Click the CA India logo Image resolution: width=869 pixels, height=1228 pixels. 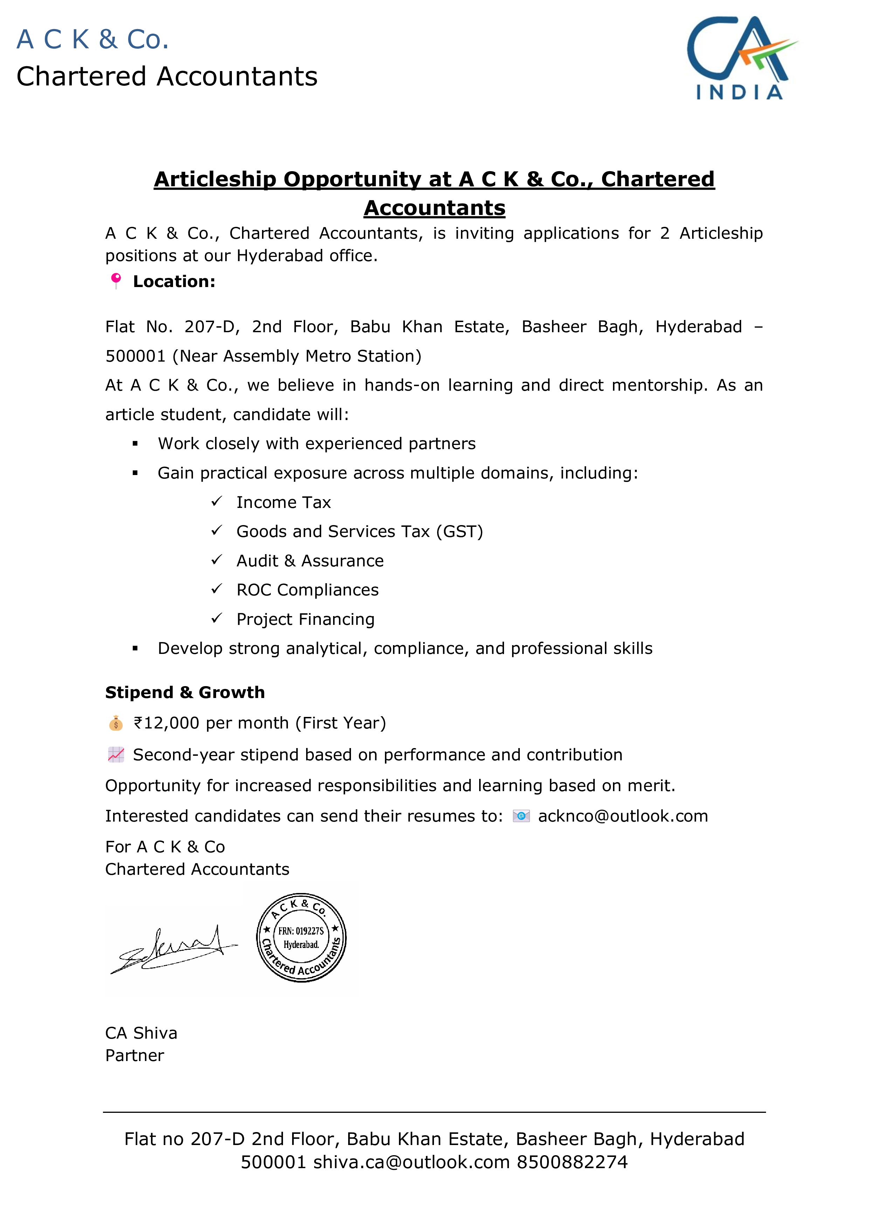pos(741,58)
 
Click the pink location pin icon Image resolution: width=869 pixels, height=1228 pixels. pos(116,280)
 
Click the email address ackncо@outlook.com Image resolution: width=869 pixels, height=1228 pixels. pos(622,816)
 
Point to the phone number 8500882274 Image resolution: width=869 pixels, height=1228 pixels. pos(572,1162)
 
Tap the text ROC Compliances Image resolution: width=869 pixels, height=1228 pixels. pos(307,590)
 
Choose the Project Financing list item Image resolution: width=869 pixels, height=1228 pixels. pos(305,619)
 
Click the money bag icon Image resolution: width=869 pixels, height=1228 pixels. pos(116,723)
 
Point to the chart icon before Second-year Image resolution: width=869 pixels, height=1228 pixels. pos(116,755)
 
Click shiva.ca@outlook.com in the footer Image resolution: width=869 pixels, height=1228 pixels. pos(411,1162)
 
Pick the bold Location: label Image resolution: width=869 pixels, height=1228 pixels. pos(174,281)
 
